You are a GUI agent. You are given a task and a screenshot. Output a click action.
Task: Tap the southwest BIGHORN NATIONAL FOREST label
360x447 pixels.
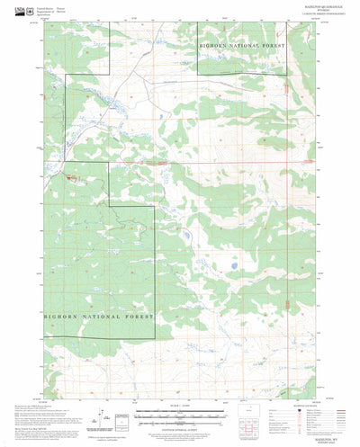click(98, 317)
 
